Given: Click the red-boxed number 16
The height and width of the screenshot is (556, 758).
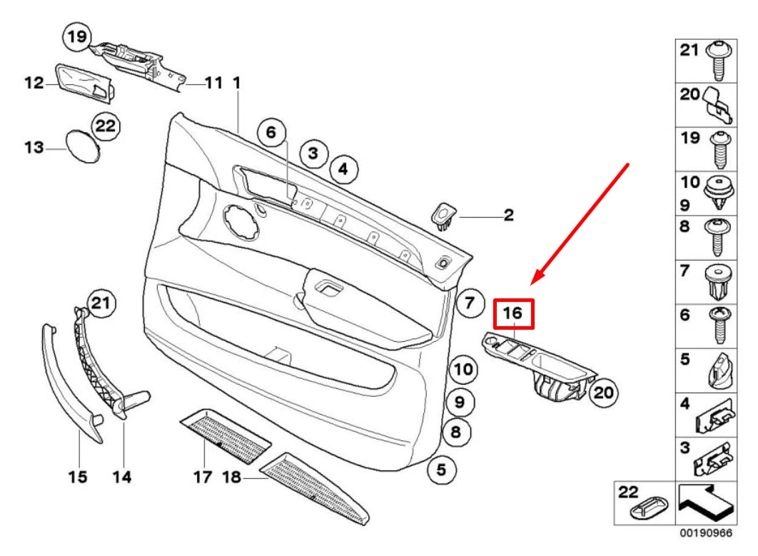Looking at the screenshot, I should [514, 313].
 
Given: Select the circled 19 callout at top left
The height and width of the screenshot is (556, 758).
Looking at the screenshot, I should [77, 35].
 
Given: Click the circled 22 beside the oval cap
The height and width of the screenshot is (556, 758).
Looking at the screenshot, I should [106, 126].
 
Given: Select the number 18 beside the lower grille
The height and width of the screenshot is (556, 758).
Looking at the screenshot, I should [232, 476].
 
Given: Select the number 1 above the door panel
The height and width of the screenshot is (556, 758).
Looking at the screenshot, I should [236, 84].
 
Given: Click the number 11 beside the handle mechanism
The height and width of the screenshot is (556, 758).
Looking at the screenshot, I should [213, 84].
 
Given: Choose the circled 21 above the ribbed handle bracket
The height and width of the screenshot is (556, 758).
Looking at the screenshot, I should [101, 305].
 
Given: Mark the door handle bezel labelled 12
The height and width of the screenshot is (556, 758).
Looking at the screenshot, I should [83, 84].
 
